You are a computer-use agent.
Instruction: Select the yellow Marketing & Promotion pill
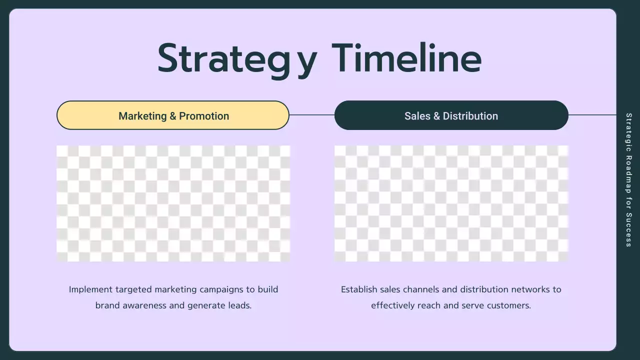coord(173,115)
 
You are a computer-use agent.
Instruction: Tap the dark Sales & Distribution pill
coord(451,115)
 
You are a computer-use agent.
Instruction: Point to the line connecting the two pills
coord(311,115)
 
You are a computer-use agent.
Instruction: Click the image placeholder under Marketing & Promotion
coord(173,203)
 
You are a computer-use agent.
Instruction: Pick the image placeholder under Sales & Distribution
coord(451,203)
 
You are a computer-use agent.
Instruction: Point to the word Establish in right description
coord(359,289)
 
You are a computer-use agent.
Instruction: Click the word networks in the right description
coord(527,289)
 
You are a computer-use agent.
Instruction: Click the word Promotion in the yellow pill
coord(204,116)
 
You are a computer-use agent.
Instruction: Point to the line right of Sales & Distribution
coord(592,115)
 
